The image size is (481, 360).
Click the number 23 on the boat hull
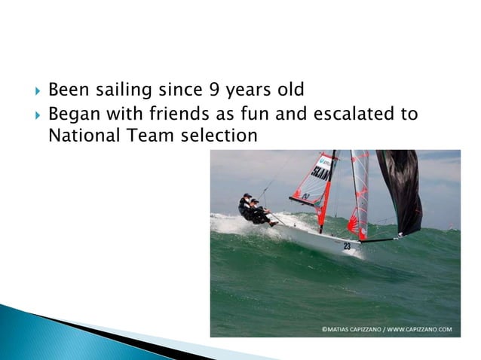(347, 246)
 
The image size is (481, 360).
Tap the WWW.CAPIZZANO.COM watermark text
(418, 329)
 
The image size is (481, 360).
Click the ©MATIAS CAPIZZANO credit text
(349, 329)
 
